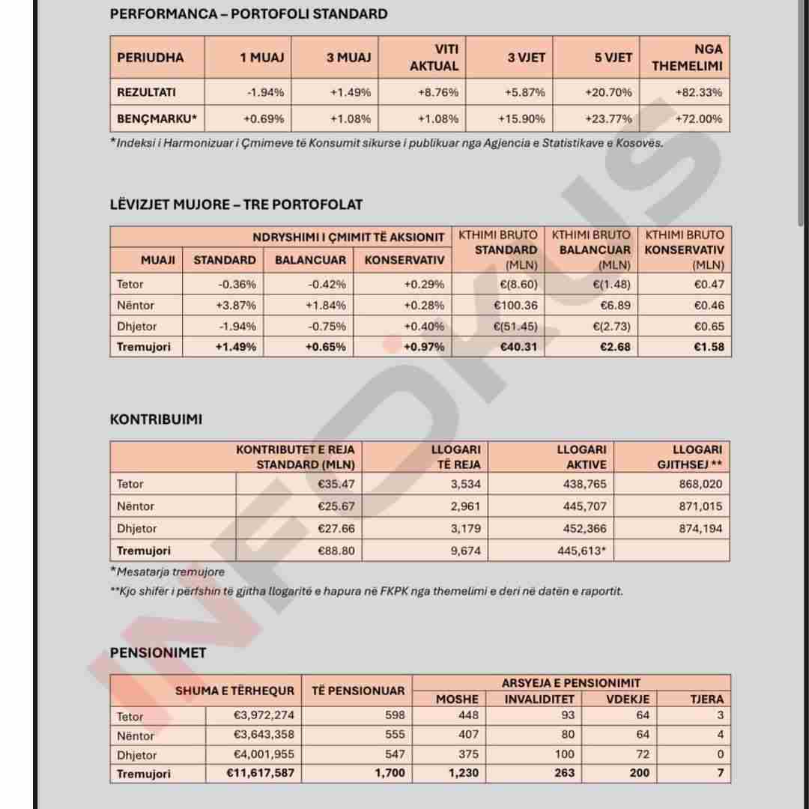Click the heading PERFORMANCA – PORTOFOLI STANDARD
pos(249,14)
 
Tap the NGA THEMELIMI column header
pos(687,57)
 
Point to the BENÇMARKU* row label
pos(157,119)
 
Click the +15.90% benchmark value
pos(521,119)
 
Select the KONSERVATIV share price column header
pos(404,260)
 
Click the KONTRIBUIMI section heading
pos(156,419)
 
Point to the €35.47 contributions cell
pos(336,485)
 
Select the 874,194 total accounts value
pos(700,529)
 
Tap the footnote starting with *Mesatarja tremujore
pos(167,572)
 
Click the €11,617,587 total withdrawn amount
pos(260,773)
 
